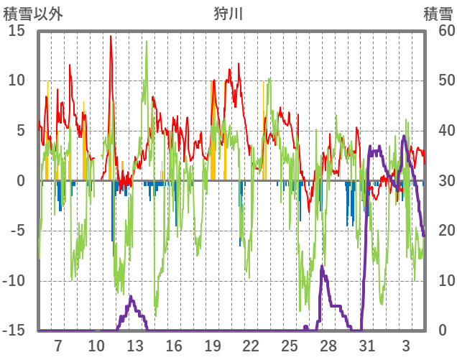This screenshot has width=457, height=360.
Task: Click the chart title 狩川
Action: click(x=228, y=14)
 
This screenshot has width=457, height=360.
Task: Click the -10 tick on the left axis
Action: click(x=16, y=281)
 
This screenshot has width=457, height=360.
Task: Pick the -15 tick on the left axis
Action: click(x=16, y=331)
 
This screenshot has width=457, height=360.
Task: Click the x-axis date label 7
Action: click(x=57, y=346)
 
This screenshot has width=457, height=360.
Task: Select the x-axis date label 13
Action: click(x=134, y=346)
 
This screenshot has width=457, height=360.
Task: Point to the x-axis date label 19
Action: click(x=212, y=346)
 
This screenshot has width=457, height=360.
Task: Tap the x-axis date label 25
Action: click(x=290, y=346)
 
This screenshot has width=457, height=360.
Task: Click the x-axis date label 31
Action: click(x=367, y=346)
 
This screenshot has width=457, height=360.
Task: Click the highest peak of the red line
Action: click(x=111, y=36)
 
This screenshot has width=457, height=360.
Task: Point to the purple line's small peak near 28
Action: click(x=322, y=267)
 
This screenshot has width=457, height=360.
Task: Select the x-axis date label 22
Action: click(x=251, y=346)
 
